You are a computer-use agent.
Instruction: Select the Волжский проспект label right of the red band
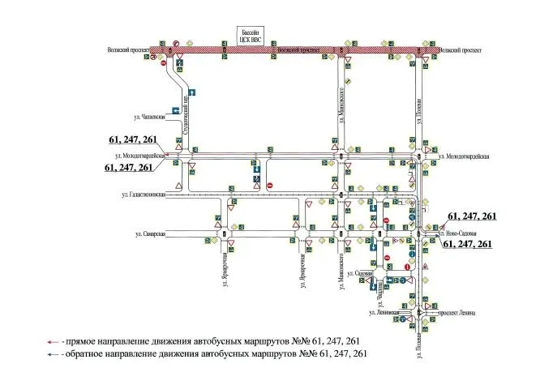click(x=460, y=50)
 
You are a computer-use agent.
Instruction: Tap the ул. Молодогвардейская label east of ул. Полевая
click(x=464, y=156)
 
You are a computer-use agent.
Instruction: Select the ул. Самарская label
click(x=150, y=234)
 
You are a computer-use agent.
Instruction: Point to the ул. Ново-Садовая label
click(x=458, y=233)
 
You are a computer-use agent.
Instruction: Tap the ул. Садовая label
click(x=358, y=274)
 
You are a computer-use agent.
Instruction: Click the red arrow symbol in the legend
click(x=53, y=341)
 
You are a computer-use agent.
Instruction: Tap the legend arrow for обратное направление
click(x=53, y=354)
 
